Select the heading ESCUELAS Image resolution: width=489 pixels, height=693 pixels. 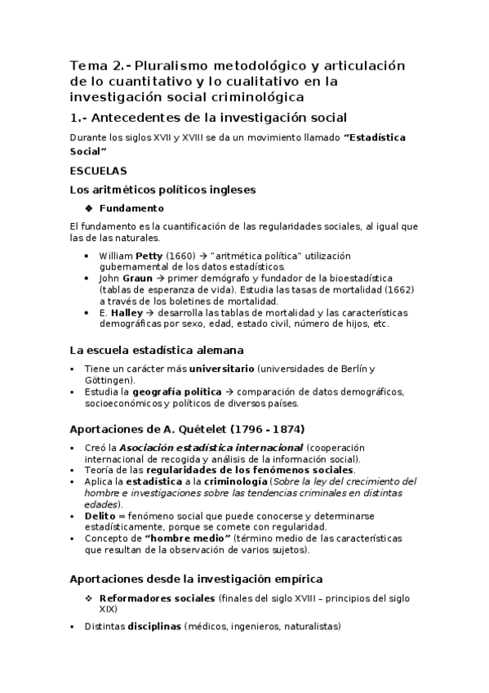98,172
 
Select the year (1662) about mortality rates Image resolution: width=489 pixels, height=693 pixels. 399,289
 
